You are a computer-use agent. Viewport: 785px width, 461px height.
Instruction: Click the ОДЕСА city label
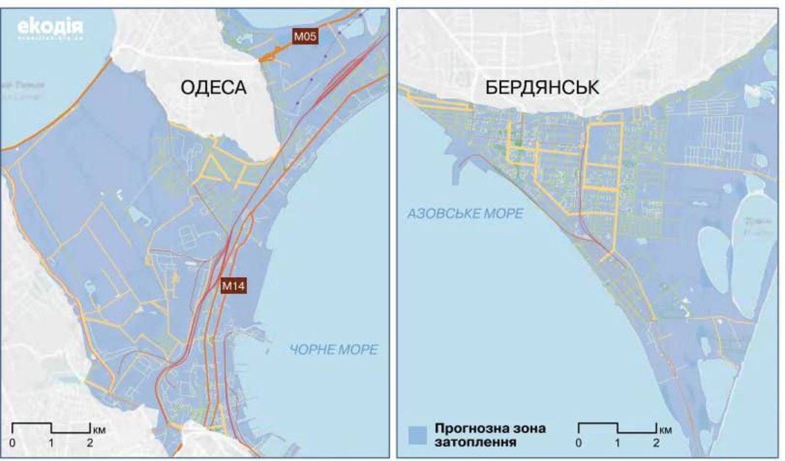[x=213, y=87]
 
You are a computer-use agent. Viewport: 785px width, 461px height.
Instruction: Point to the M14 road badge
[x=234, y=285]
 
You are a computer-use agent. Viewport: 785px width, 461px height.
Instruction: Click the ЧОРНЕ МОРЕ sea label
[x=334, y=350]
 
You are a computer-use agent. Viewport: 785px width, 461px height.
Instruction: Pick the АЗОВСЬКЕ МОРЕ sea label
[x=465, y=214]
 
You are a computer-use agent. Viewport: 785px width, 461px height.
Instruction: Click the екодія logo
[x=51, y=27]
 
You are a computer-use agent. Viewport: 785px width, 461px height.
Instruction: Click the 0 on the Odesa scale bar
[x=12, y=443]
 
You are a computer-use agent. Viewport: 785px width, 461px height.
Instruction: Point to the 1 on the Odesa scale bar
[x=51, y=443]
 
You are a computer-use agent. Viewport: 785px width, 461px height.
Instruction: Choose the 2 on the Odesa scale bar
[x=90, y=443]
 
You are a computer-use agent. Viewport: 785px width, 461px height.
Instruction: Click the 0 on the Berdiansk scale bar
[x=578, y=443]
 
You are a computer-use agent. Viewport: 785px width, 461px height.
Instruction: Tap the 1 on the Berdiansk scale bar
[x=617, y=443]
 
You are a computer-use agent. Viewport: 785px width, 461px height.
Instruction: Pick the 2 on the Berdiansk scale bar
[x=656, y=443]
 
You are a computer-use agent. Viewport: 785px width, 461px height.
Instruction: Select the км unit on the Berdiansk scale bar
[x=665, y=429]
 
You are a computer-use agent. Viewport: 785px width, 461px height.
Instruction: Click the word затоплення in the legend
[x=475, y=443]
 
